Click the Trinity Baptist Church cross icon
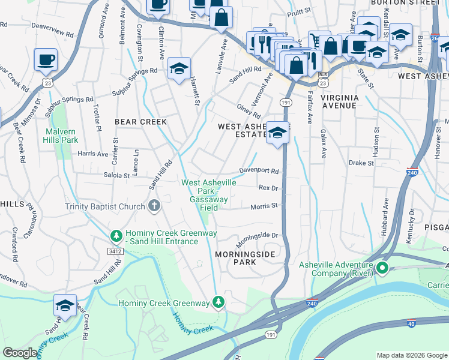[154, 207]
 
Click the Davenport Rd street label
[260, 171]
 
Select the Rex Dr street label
[268, 188]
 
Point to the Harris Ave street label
[92, 154]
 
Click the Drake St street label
[361, 163]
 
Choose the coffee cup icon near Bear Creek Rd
[46, 59]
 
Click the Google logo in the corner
[20, 353]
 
